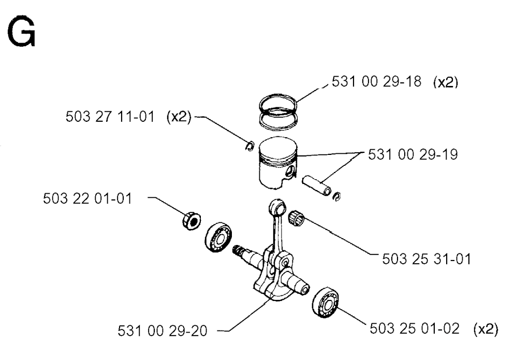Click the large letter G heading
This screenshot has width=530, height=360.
(21, 32)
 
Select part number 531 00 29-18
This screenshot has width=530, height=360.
(377, 81)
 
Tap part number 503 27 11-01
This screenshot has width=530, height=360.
(110, 117)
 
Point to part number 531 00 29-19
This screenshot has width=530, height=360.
(413, 155)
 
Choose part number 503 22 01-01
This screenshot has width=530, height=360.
(87, 198)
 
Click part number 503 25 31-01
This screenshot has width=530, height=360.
(426, 259)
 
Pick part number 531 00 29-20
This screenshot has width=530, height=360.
(162, 331)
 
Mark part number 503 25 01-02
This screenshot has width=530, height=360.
(415, 328)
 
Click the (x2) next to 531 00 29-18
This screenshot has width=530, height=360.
(446, 82)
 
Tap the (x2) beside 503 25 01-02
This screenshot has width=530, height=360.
(485, 329)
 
